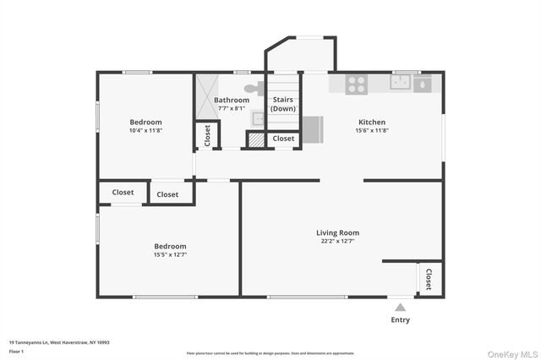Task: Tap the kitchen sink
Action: [x=401, y=82]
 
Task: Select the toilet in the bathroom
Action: [x=252, y=87]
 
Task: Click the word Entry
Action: [x=400, y=319]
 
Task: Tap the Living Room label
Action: [x=338, y=232]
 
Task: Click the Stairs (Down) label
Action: [x=283, y=104]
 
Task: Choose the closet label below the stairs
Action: [x=283, y=138]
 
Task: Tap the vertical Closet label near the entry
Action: [x=429, y=279]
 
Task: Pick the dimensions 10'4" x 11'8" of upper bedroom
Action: [x=145, y=131]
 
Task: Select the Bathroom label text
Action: [x=232, y=100]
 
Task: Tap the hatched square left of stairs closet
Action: [x=254, y=139]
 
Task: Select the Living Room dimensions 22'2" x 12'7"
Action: [x=338, y=242]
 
